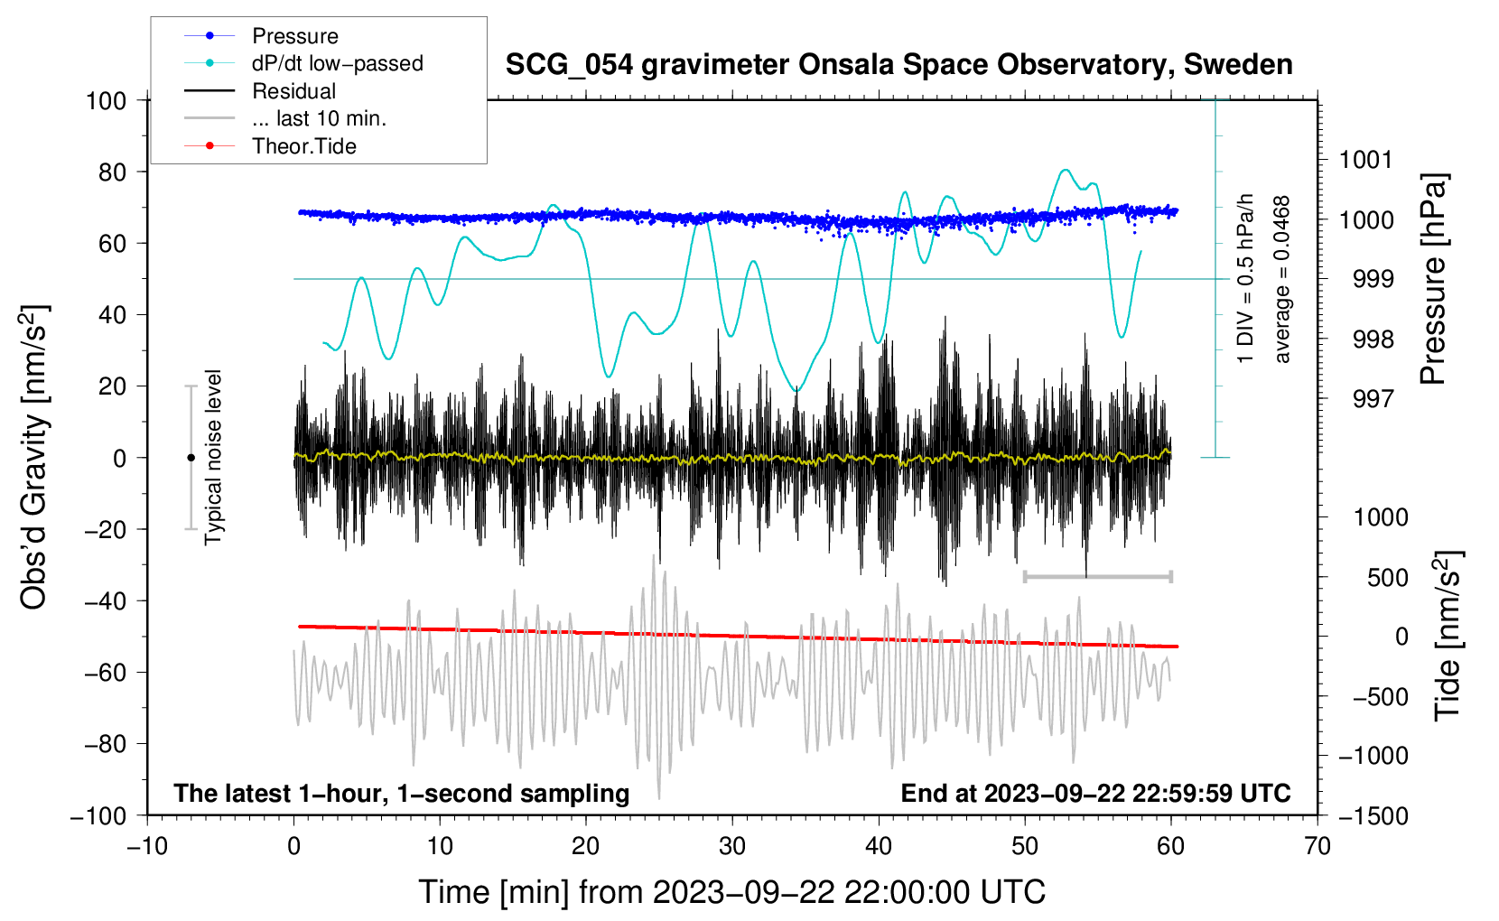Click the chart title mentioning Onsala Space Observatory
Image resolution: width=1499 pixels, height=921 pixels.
pyautogui.click(x=898, y=65)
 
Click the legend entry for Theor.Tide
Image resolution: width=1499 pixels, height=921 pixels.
pyautogui.click(x=303, y=146)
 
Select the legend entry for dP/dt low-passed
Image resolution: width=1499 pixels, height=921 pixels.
pyautogui.click(x=337, y=63)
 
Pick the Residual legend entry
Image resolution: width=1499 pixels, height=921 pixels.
pyautogui.click(x=293, y=91)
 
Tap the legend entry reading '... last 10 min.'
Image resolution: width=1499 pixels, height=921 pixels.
pyautogui.click(x=319, y=118)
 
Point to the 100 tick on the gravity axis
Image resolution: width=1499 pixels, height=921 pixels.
pyautogui.click(x=106, y=100)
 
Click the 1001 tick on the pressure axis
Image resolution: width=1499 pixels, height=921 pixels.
pyautogui.click(x=1365, y=160)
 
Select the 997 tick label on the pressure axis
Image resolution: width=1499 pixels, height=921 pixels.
pyautogui.click(x=1373, y=398)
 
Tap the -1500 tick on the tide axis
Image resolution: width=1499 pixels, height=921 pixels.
pyautogui.click(x=1373, y=815)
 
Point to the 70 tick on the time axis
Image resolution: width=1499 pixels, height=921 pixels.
pyautogui.click(x=1317, y=846)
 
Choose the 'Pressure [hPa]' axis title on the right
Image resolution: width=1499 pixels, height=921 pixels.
pyautogui.click(x=1433, y=279)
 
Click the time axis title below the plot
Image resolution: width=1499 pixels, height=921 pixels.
pyautogui.click(x=731, y=892)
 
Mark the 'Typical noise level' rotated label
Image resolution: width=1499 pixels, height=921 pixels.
pyautogui.click(x=213, y=457)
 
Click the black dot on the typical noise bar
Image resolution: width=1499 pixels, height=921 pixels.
pyautogui.click(x=191, y=458)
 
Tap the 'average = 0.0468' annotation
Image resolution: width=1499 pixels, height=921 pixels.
pyautogui.click(x=1282, y=279)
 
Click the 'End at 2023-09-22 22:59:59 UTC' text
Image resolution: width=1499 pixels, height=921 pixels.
pyautogui.click(x=1095, y=793)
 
